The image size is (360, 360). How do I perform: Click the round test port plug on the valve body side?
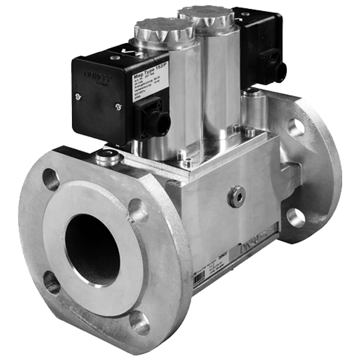[239, 192]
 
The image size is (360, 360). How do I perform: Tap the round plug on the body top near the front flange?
[108, 154]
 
